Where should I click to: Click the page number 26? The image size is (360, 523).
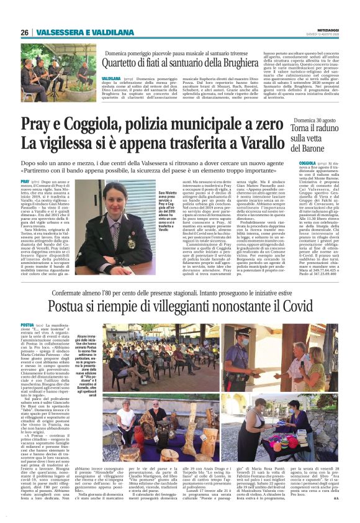tap(24, 32)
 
